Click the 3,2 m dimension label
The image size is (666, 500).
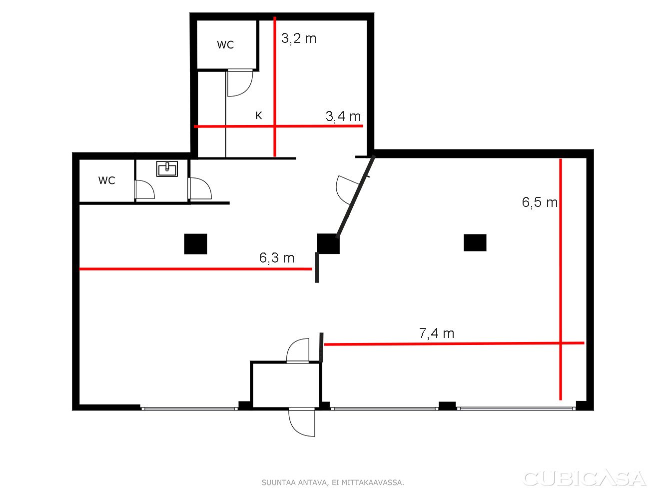[299, 38]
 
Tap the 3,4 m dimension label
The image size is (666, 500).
[343, 116]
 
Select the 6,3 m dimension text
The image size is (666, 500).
[277, 257]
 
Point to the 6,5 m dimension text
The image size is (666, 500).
[540, 202]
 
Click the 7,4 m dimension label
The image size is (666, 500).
[437, 333]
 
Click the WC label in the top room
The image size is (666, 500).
[225, 45]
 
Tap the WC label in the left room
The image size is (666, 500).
[107, 180]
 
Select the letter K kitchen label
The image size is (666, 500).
[258, 115]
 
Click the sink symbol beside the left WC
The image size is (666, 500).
[167, 169]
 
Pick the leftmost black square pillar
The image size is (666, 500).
[196, 244]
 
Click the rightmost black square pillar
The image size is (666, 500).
[475, 242]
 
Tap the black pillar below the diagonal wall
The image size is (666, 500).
[328, 243]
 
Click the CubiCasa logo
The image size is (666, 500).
[585, 479]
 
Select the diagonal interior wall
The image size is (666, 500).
[355, 196]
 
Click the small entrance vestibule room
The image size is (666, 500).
[285, 385]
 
